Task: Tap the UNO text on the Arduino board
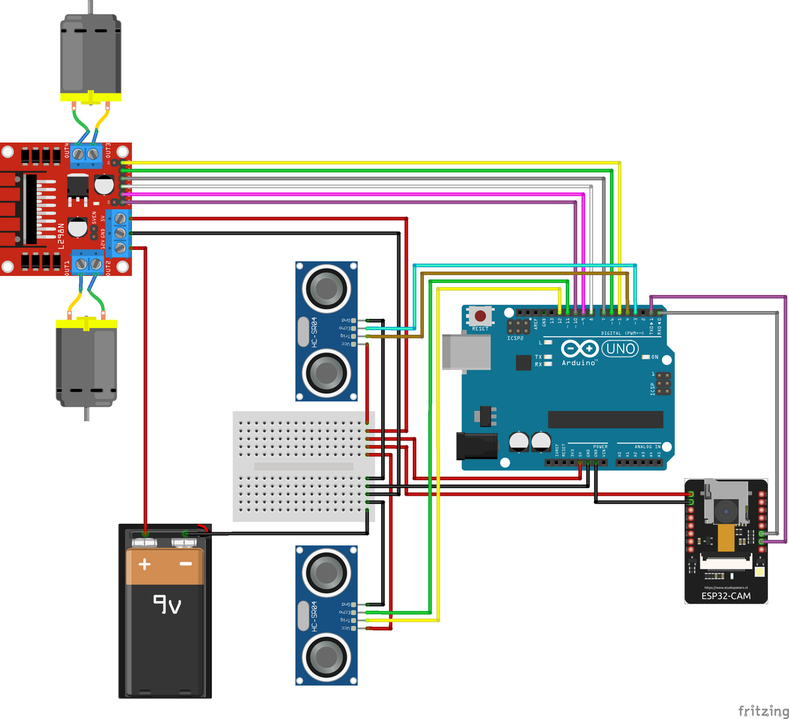pyautogui.click(x=621, y=348)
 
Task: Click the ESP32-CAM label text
pyautogui.click(x=726, y=596)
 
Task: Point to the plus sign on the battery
pyautogui.click(x=145, y=564)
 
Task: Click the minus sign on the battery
pyautogui.click(x=185, y=564)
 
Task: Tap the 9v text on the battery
pyautogui.click(x=167, y=603)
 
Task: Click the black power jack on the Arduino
pyautogui.click(x=477, y=447)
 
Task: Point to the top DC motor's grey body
pyautogui.click(x=91, y=56)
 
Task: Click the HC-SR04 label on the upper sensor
pyautogui.click(x=315, y=331)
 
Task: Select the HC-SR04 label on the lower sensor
pyautogui.click(x=315, y=616)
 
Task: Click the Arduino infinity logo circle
pyautogui.click(x=579, y=348)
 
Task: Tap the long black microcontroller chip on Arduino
pyautogui.click(x=605, y=419)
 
